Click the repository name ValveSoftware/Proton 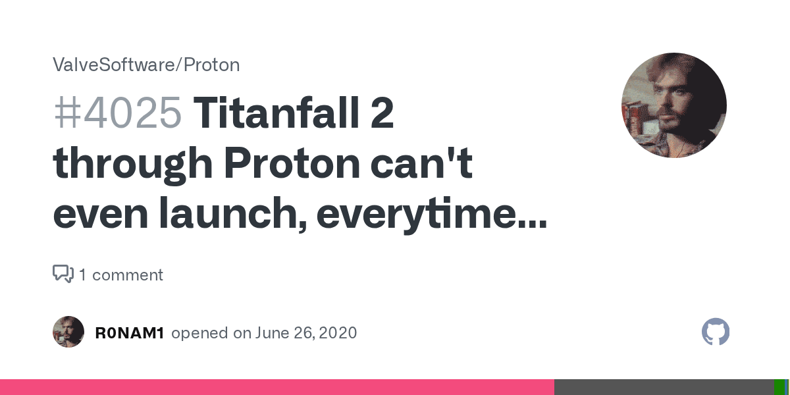tap(146, 65)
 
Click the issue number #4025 tap(118, 113)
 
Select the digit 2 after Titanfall tap(382, 113)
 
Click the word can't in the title tap(421, 163)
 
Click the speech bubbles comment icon tap(63, 274)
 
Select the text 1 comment tap(121, 275)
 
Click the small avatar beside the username tap(68, 332)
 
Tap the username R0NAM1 tap(130, 333)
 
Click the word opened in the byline tap(199, 333)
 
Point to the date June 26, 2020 tap(306, 333)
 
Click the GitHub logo tap(716, 332)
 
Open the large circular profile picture tap(674, 105)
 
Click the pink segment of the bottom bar tap(277, 387)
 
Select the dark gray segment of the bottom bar tap(664, 387)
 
